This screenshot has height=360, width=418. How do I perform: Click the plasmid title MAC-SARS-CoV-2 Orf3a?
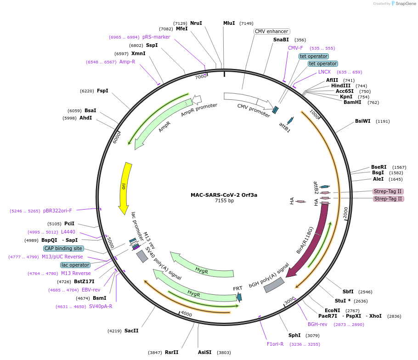pyautogui.click(x=224, y=195)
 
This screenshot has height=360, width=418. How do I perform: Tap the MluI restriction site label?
pyautogui.click(x=229, y=23)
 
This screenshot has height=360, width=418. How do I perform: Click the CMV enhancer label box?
pyautogui.click(x=271, y=31)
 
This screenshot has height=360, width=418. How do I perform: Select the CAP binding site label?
pyautogui.click(x=63, y=248)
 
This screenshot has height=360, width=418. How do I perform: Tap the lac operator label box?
pyautogui.click(x=75, y=265)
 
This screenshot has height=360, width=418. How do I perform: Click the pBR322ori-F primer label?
pyautogui.click(x=57, y=211)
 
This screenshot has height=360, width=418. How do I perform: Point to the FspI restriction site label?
pyautogui.click(x=102, y=91)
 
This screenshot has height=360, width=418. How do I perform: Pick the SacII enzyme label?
pyautogui.click(x=131, y=331)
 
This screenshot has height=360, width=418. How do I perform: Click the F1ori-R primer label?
pyautogui.click(x=275, y=344)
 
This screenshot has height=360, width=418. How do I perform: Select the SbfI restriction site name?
pyautogui.click(x=348, y=291)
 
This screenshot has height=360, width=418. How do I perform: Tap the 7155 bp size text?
pyautogui.click(x=224, y=201)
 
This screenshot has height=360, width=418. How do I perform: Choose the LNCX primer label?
pyautogui.click(x=324, y=72)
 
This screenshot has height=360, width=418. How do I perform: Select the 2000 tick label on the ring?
pyautogui.click(x=346, y=210)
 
